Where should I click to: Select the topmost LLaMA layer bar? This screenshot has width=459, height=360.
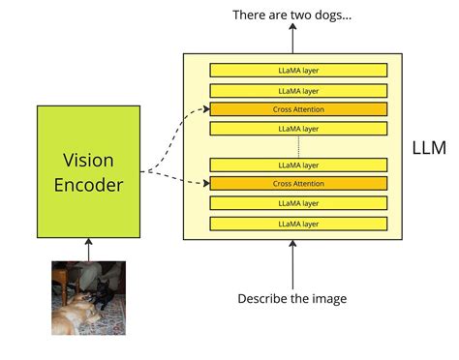point(298,70)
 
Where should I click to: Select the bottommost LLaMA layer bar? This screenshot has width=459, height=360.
point(298,224)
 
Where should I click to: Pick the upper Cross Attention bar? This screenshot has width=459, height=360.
point(298,109)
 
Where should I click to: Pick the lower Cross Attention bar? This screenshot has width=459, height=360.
point(298,183)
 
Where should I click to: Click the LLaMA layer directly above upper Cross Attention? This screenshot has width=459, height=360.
point(298,91)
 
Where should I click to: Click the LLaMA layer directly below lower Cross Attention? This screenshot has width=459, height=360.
point(298,203)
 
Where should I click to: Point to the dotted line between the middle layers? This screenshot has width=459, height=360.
point(298,146)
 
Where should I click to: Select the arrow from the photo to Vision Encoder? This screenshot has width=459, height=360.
point(88,249)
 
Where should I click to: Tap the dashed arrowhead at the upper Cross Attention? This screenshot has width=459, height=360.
point(204,109)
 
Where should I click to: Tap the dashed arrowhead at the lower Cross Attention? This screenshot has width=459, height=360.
point(204,183)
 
